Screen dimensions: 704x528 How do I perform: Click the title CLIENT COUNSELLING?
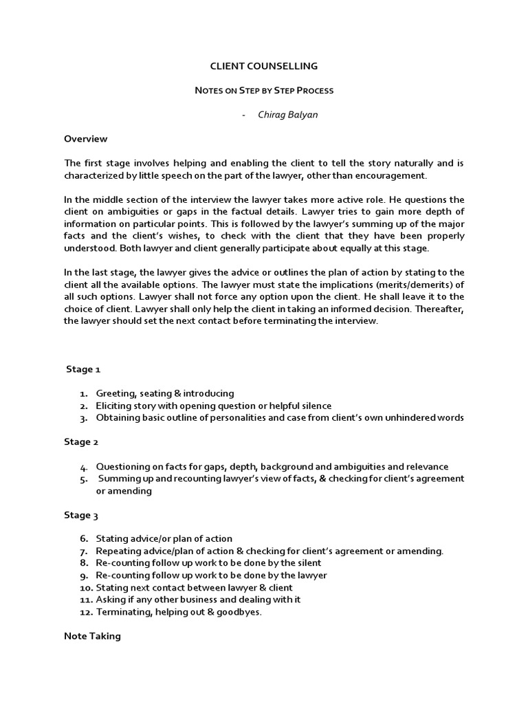[x=264, y=67]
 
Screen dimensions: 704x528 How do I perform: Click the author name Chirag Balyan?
[x=278, y=115]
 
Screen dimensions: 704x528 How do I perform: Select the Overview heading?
[x=85, y=139]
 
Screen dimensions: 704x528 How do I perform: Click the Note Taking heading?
[x=92, y=636]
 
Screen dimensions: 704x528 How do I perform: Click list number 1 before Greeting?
[x=82, y=394]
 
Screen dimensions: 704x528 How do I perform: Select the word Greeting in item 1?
[x=115, y=394]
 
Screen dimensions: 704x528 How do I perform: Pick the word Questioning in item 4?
[x=122, y=467]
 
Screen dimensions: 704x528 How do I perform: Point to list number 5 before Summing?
[x=82, y=479]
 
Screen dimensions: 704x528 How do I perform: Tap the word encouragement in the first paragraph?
[x=393, y=175]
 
